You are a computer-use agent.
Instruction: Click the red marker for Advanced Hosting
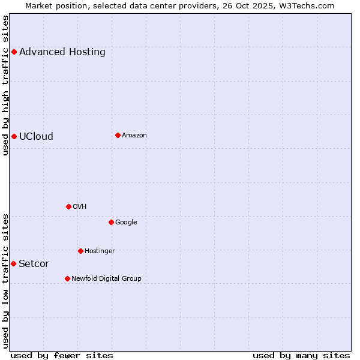tap(14, 52)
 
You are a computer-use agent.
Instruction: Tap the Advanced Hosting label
tap(62, 52)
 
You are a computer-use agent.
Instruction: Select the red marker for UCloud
tap(14, 136)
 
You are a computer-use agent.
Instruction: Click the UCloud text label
tap(36, 137)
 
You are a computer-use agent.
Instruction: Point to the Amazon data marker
tap(118, 135)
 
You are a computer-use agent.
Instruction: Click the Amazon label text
tap(134, 136)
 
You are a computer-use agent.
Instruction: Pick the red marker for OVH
tap(68, 206)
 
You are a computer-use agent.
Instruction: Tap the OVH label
tap(80, 207)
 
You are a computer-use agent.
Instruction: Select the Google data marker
tap(111, 222)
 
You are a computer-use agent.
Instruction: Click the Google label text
tap(126, 223)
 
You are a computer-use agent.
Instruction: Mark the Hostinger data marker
tap(80, 251)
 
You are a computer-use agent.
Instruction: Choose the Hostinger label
tap(100, 251)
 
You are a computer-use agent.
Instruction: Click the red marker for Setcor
tap(13, 263)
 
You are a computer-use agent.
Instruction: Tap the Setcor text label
tap(34, 264)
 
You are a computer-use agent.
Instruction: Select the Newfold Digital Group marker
tap(67, 278)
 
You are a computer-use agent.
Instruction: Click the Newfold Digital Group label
tap(106, 279)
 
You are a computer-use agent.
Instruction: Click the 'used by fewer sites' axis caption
tap(62, 356)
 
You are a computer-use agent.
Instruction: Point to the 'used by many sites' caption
tap(301, 356)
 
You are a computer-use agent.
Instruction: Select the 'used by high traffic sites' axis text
tap(6, 85)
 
